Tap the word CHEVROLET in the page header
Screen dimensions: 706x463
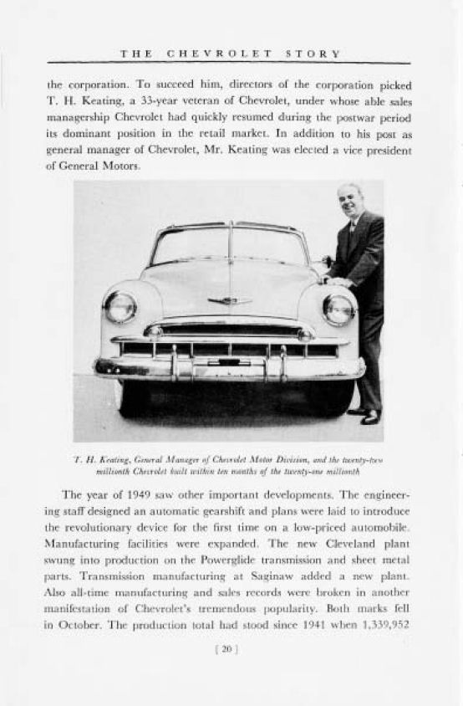pyautogui.click(x=220, y=54)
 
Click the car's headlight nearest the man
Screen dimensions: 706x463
pyautogui.click(x=338, y=310)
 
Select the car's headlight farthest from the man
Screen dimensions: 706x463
pyautogui.click(x=120, y=307)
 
